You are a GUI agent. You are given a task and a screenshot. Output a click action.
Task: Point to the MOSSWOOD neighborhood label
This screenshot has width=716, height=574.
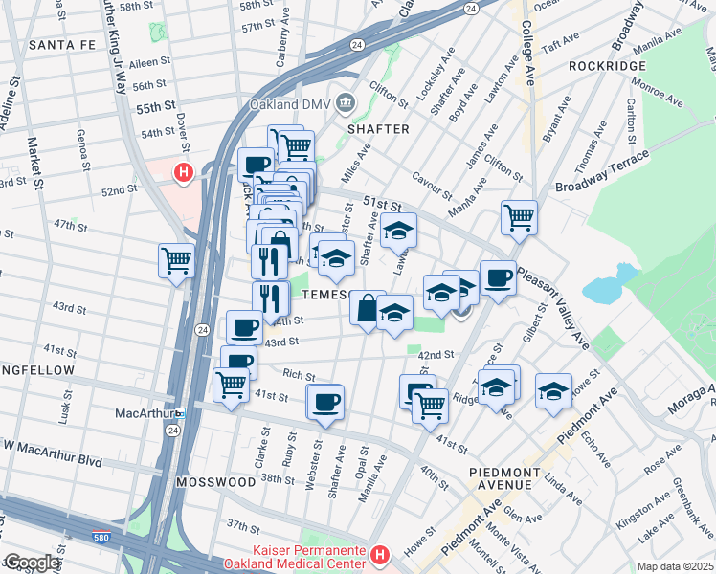(215, 481)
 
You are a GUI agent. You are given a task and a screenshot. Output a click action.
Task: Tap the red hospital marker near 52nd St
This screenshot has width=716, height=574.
(183, 173)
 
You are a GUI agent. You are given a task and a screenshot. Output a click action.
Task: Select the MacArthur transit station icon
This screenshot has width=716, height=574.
(179, 413)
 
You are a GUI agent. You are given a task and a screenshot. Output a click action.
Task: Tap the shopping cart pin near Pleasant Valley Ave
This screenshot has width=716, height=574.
(519, 216)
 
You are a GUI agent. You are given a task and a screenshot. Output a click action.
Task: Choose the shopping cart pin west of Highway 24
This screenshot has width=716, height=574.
(177, 258)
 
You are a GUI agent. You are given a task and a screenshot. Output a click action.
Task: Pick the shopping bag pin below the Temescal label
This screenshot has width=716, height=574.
(368, 308)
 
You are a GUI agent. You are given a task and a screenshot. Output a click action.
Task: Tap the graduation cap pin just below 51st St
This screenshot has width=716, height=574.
(399, 230)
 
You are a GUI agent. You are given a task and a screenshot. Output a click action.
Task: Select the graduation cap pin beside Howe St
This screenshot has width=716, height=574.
(553, 390)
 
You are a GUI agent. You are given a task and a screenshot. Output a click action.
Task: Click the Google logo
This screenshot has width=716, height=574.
(32, 563)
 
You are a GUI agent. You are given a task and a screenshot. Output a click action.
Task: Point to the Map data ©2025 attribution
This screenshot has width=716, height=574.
(674, 566)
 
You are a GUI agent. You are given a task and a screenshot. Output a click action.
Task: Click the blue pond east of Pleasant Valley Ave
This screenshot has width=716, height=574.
(603, 288)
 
